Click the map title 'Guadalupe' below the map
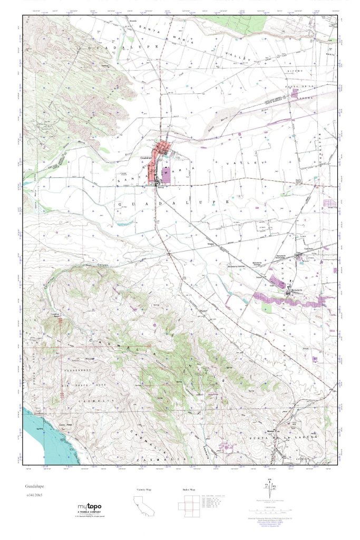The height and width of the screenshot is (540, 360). pos(33,485)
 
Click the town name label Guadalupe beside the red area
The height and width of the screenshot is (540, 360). pos(147,157)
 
